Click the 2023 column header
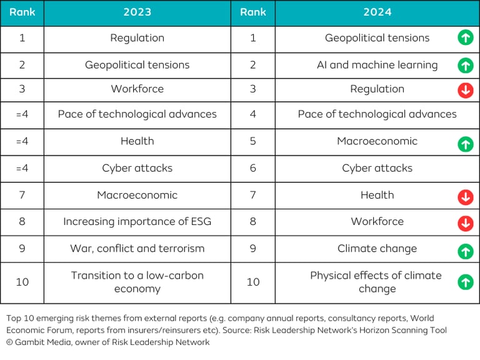[x=137, y=12]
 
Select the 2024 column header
[x=377, y=12]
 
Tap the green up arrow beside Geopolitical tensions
[x=465, y=37]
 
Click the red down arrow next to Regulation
[x=465, y=90]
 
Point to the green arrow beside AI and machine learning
[x=465, y=65]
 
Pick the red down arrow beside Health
[x=465, y=197]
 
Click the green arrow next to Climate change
[x=465, y=251]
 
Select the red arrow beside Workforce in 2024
[x=465, y=223]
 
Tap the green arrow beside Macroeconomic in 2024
[x=465, y=144]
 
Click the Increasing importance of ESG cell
[x=137, y=221]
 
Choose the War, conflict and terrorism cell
[x=137, y=248]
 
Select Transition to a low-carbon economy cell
[x=137, y=282]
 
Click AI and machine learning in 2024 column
[x=377, y=64]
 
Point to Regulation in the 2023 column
[x=137, y=37]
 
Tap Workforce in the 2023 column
[x=137, y=89]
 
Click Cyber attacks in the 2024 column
[x=377, y=168]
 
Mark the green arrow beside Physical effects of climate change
[x=465, y=282]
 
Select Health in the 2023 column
[x=137, y=141]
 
